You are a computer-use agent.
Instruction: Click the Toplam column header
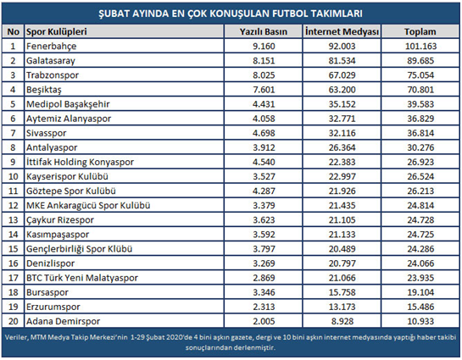(420, 31)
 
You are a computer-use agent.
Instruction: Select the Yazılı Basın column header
(263, 31)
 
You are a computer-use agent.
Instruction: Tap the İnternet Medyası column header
(342, 31)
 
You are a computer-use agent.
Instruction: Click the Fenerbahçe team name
(51, 47)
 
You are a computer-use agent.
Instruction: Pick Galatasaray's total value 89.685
(420, 61)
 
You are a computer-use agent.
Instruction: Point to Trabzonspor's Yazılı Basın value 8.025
(264, 75)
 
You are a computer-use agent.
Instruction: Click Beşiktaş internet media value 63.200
(342, 90)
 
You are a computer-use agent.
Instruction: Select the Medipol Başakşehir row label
(68, 104)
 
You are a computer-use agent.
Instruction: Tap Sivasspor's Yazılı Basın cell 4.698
(264, 133)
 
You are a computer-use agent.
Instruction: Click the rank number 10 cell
(14, 177)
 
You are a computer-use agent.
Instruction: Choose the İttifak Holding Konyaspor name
(80, 162)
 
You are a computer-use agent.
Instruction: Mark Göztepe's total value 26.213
(420, 191)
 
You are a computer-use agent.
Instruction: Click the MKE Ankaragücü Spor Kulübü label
(88, 206)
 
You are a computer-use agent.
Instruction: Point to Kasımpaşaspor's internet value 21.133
(342, 235)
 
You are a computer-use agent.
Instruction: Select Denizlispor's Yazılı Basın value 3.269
(264, 263)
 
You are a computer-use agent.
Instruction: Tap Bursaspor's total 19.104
(420, 292)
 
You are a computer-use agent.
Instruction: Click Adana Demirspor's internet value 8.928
(342, 321)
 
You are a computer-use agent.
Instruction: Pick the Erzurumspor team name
(53, 307)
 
